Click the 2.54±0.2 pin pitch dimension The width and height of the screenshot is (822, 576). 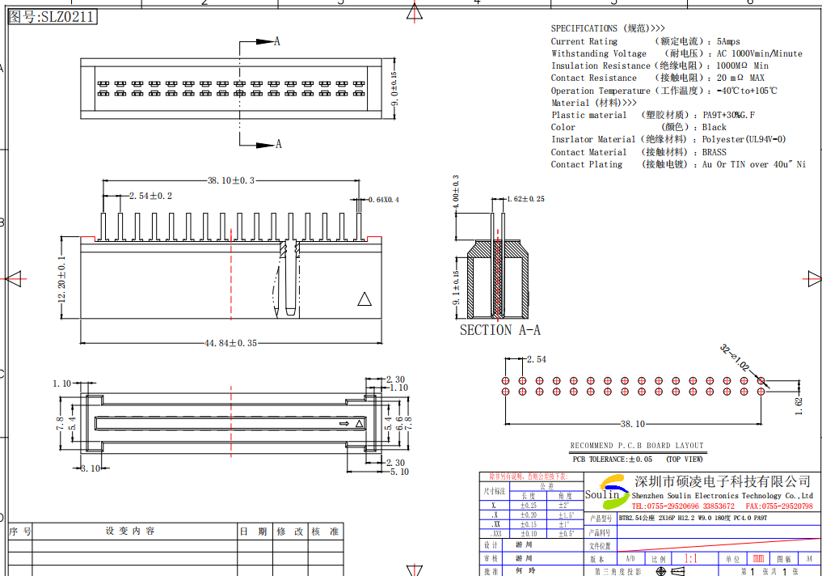150,196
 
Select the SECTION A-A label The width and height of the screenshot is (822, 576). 500,330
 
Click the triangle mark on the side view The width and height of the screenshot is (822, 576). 365,299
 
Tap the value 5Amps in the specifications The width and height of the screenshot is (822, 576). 728,41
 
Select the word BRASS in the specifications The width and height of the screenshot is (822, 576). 714,152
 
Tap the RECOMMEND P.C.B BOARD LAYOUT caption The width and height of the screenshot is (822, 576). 637,446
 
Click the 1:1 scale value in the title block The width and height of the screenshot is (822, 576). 691,559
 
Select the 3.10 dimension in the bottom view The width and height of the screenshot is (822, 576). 91,468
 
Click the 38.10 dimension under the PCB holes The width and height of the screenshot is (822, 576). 632,424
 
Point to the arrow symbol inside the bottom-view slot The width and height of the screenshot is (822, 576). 344,422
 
